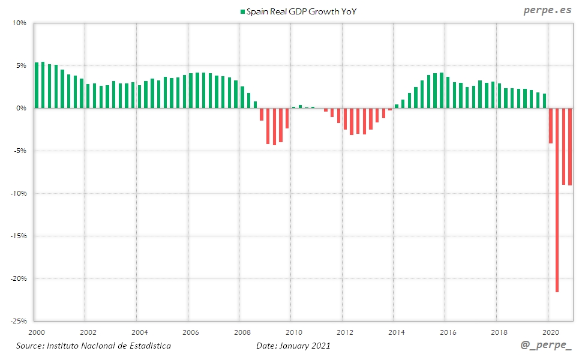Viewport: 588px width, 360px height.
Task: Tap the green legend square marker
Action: tap(242, 11)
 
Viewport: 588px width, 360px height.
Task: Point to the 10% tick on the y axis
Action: tap(19, 23)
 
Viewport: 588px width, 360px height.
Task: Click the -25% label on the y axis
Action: tap(18, 321)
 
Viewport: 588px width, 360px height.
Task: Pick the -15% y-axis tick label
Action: tap(18, 236)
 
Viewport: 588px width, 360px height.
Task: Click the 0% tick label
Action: tap(21, 109)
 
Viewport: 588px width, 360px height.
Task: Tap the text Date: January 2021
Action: tap(293, 346)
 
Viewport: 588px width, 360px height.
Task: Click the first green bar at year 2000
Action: tap(37, 85)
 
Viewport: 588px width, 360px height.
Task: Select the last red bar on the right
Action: tap(570, 146)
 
